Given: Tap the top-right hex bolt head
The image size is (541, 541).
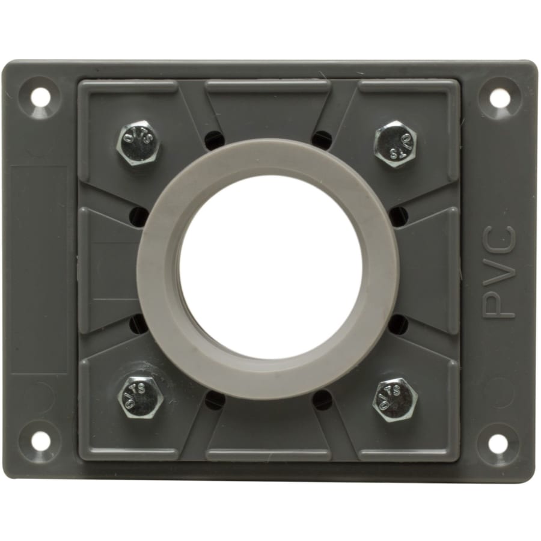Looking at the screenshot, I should click(395, 144).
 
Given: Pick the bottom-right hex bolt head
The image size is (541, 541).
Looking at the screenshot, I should click(394, 399).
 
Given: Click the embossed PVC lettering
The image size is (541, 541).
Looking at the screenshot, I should click(500, 272).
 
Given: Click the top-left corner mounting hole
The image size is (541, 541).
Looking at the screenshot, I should click(41, 96).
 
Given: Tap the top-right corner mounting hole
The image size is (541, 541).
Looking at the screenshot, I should click(500, 97).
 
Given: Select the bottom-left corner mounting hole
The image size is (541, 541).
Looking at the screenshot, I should click(40, 442).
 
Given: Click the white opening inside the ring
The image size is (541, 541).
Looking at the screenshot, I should click(270, 267).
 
